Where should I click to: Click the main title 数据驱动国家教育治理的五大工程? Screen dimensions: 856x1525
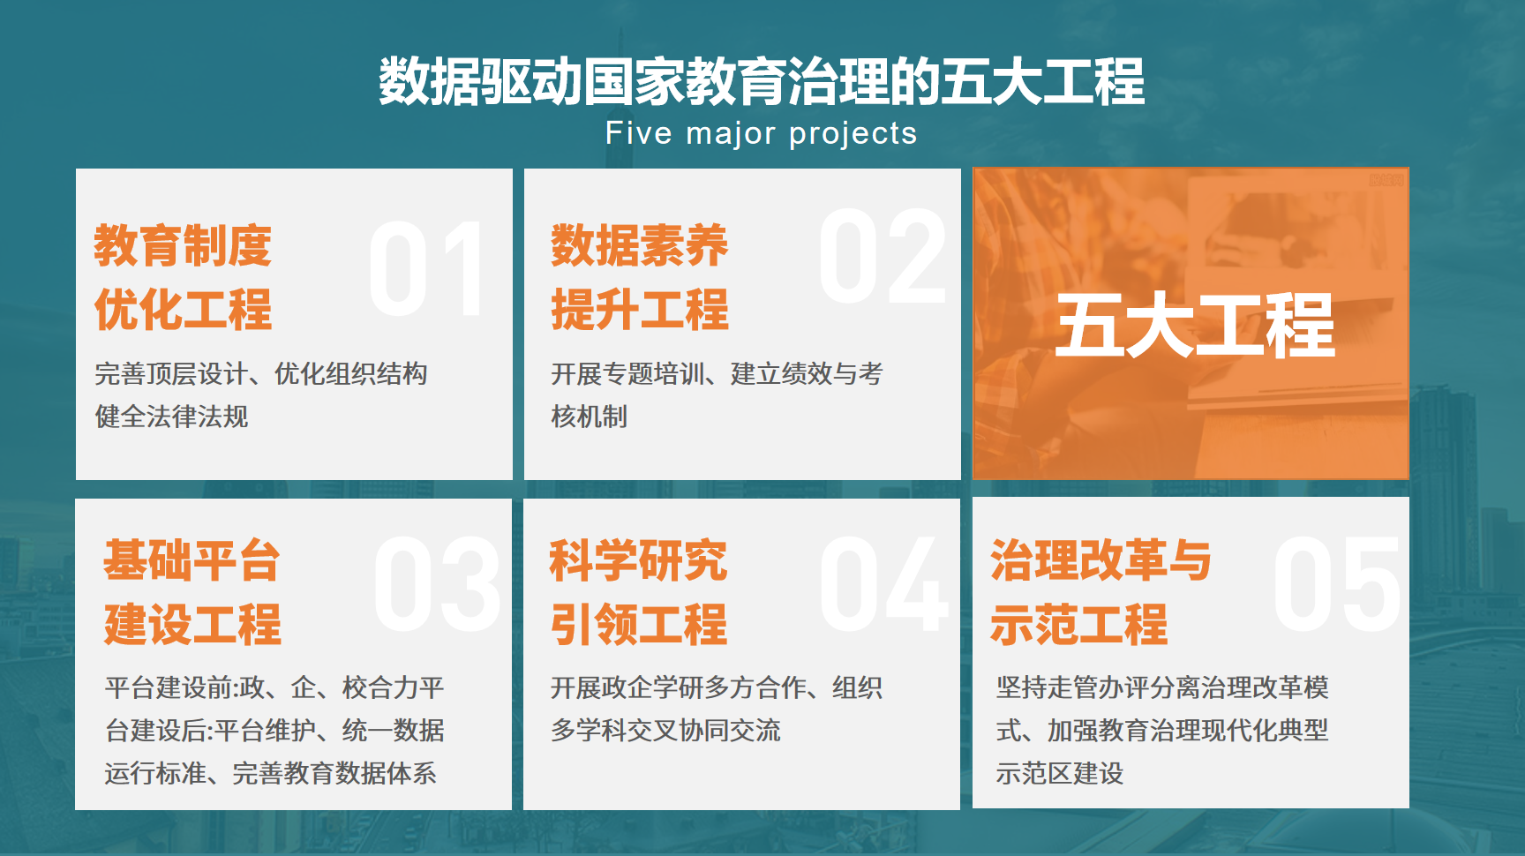point(762,81)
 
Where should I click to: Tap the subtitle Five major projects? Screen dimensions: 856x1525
point(761,133)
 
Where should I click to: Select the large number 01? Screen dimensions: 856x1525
point(427,269)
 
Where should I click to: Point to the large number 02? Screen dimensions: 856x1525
point(882,257)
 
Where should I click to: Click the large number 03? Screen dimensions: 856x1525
point(438,584)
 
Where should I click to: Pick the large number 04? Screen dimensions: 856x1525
point(883,584)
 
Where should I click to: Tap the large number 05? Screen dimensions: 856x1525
point(1336,584)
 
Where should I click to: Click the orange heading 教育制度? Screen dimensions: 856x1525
point(183,245)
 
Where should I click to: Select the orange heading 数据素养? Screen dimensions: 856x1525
point(640,245)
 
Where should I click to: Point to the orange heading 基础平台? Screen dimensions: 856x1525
point(192,560)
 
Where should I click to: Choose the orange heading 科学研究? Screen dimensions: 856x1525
point(638,560)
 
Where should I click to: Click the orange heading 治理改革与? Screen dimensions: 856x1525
point(1101,560)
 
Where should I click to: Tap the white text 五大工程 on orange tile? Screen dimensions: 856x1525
point(1195,326)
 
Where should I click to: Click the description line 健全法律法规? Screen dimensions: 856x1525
point(172,417)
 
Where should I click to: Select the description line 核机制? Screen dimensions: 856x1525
point(589,417)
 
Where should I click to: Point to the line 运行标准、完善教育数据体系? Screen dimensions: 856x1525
point(271,774)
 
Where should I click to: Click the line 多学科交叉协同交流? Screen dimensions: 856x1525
point(665,731)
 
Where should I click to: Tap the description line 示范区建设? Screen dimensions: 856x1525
point(1059,774)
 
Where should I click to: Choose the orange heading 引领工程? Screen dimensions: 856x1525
point(639,624)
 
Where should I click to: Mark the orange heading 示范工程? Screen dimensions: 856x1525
point(1078,624)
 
